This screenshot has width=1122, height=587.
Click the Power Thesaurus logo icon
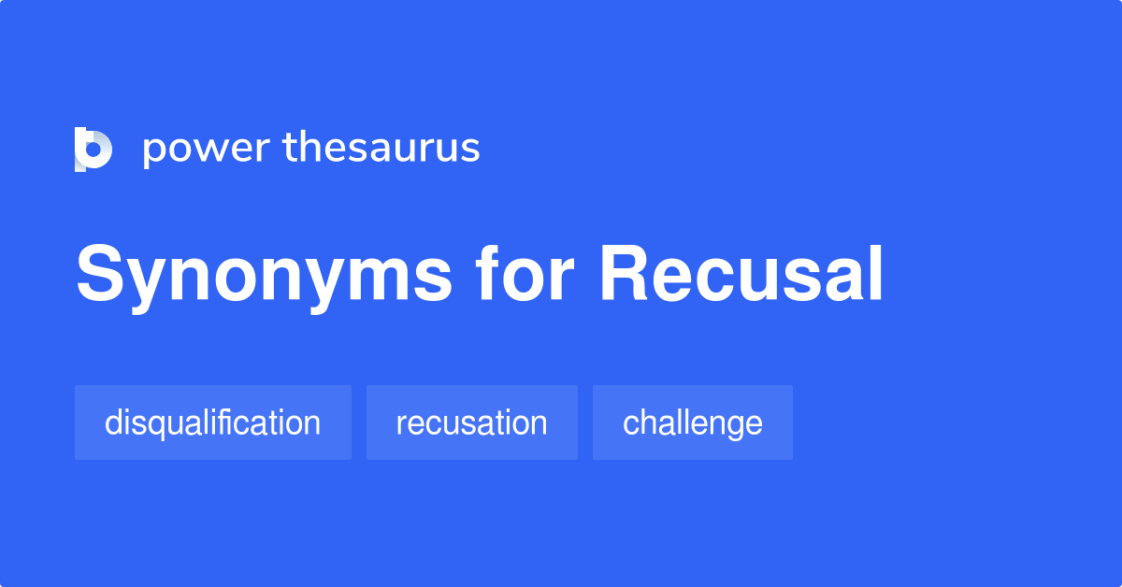pos(93,150)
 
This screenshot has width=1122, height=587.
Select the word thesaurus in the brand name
pos(381,149)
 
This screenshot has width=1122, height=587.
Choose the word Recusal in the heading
pos(741,275)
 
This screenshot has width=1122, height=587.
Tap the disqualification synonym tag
pos(212,422)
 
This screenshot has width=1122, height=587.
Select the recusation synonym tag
pos(471,422)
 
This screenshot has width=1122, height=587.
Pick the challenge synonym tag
pos(692,422)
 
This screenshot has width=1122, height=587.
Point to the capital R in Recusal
pos(625,275)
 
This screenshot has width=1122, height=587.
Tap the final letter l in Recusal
pos(876,275)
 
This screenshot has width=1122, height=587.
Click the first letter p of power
pos(153,151)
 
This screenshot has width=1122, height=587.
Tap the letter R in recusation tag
pos(400,424)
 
